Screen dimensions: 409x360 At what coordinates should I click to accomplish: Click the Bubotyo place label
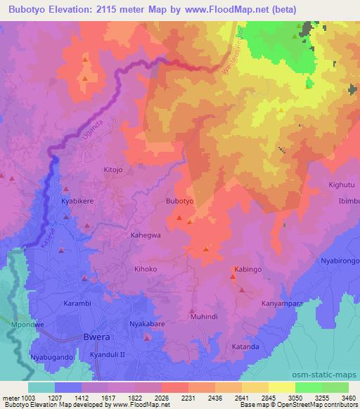click(x=179, y=201)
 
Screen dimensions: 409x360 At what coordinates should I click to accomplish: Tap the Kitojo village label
click(x=113, y=170)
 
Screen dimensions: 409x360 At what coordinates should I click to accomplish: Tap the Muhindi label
click(x=203, y=317)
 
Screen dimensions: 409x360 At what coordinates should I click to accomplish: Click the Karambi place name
click(x=78, y=304)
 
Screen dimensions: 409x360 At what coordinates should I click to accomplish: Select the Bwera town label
click(x=96, y=337)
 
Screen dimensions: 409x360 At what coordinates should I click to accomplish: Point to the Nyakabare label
click(x=147, y=324)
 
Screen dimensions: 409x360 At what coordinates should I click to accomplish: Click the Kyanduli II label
click(x=108, y=356)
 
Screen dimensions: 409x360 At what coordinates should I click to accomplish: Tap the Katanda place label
click(x=245, y=347)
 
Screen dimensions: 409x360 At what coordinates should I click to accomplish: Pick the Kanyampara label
click(x=282, y=304)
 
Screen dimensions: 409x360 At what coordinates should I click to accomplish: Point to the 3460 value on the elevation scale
click(x=349, y=398)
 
